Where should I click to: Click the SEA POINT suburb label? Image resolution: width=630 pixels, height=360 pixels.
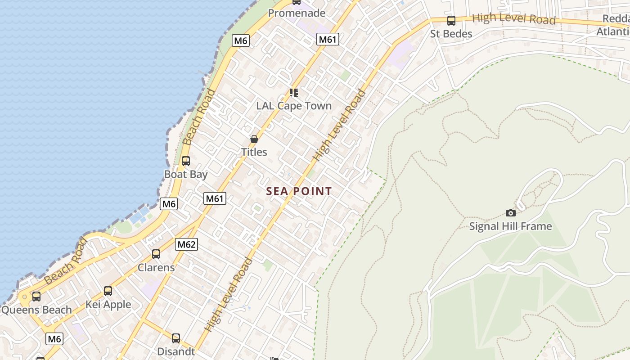coord(299,191)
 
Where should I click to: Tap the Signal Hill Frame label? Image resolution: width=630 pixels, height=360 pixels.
coord(510,226)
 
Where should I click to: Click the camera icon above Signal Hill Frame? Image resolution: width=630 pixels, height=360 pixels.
coord(510,213)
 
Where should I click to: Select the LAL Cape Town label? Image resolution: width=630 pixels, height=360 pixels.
coord(294,106)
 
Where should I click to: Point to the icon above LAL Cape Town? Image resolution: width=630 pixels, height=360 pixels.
coord(294,93)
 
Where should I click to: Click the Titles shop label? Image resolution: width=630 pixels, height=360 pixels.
coord(254,152)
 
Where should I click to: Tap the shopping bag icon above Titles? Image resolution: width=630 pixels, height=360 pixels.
coord(254,139)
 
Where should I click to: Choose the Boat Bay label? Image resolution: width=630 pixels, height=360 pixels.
coord(186,174)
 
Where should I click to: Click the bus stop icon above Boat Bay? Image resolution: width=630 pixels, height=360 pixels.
coord(186,161)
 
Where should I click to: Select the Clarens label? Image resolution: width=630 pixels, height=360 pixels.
coord(156,267)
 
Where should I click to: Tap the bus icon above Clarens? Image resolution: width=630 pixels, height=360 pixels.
coord(156,254)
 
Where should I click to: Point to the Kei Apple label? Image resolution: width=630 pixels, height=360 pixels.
coord(108,305)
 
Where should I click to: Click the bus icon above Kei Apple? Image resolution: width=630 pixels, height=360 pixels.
coord(108,291)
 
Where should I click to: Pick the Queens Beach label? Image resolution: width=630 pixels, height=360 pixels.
coord(36,310)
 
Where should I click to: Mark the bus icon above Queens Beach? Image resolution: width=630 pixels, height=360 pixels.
coord(36,297)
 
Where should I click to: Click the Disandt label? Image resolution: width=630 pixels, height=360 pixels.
coord(176,351)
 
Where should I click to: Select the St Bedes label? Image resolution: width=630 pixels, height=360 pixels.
coord(451,34)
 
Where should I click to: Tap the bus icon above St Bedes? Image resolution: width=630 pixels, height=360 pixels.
coord(451,21)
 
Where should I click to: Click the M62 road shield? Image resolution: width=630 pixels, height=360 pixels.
coord(186,244)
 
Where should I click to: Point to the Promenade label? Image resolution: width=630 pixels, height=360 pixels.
coord(297,13)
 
